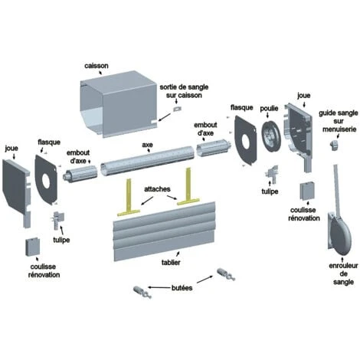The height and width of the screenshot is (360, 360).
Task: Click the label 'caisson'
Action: [97, 66]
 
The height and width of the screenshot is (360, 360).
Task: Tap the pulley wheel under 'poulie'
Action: [270, 137]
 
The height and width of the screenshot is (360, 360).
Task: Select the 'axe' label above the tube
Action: [147, 145]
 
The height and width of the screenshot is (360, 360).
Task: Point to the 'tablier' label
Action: [171, 262]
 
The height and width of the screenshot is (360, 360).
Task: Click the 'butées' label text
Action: [182, 288]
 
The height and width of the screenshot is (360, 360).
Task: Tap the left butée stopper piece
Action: [142, 293]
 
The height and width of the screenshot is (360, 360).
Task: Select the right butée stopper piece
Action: [226, 274]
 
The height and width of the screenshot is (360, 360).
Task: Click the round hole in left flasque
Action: [47, 179]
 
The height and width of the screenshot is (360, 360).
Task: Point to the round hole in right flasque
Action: [246, 141]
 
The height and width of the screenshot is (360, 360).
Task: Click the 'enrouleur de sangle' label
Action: [343, 273]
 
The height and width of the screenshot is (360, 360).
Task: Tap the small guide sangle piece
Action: [335, 145]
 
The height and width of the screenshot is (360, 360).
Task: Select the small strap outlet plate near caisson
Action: [177, 109]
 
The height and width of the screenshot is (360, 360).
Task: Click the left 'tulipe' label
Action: [61, 240]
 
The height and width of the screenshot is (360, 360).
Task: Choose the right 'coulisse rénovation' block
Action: [307, 191]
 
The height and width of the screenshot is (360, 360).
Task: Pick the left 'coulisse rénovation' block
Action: [33, 247]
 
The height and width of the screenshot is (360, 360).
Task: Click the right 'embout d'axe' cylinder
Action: [214, 149]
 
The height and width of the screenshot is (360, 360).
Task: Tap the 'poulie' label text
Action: [269, 109]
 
